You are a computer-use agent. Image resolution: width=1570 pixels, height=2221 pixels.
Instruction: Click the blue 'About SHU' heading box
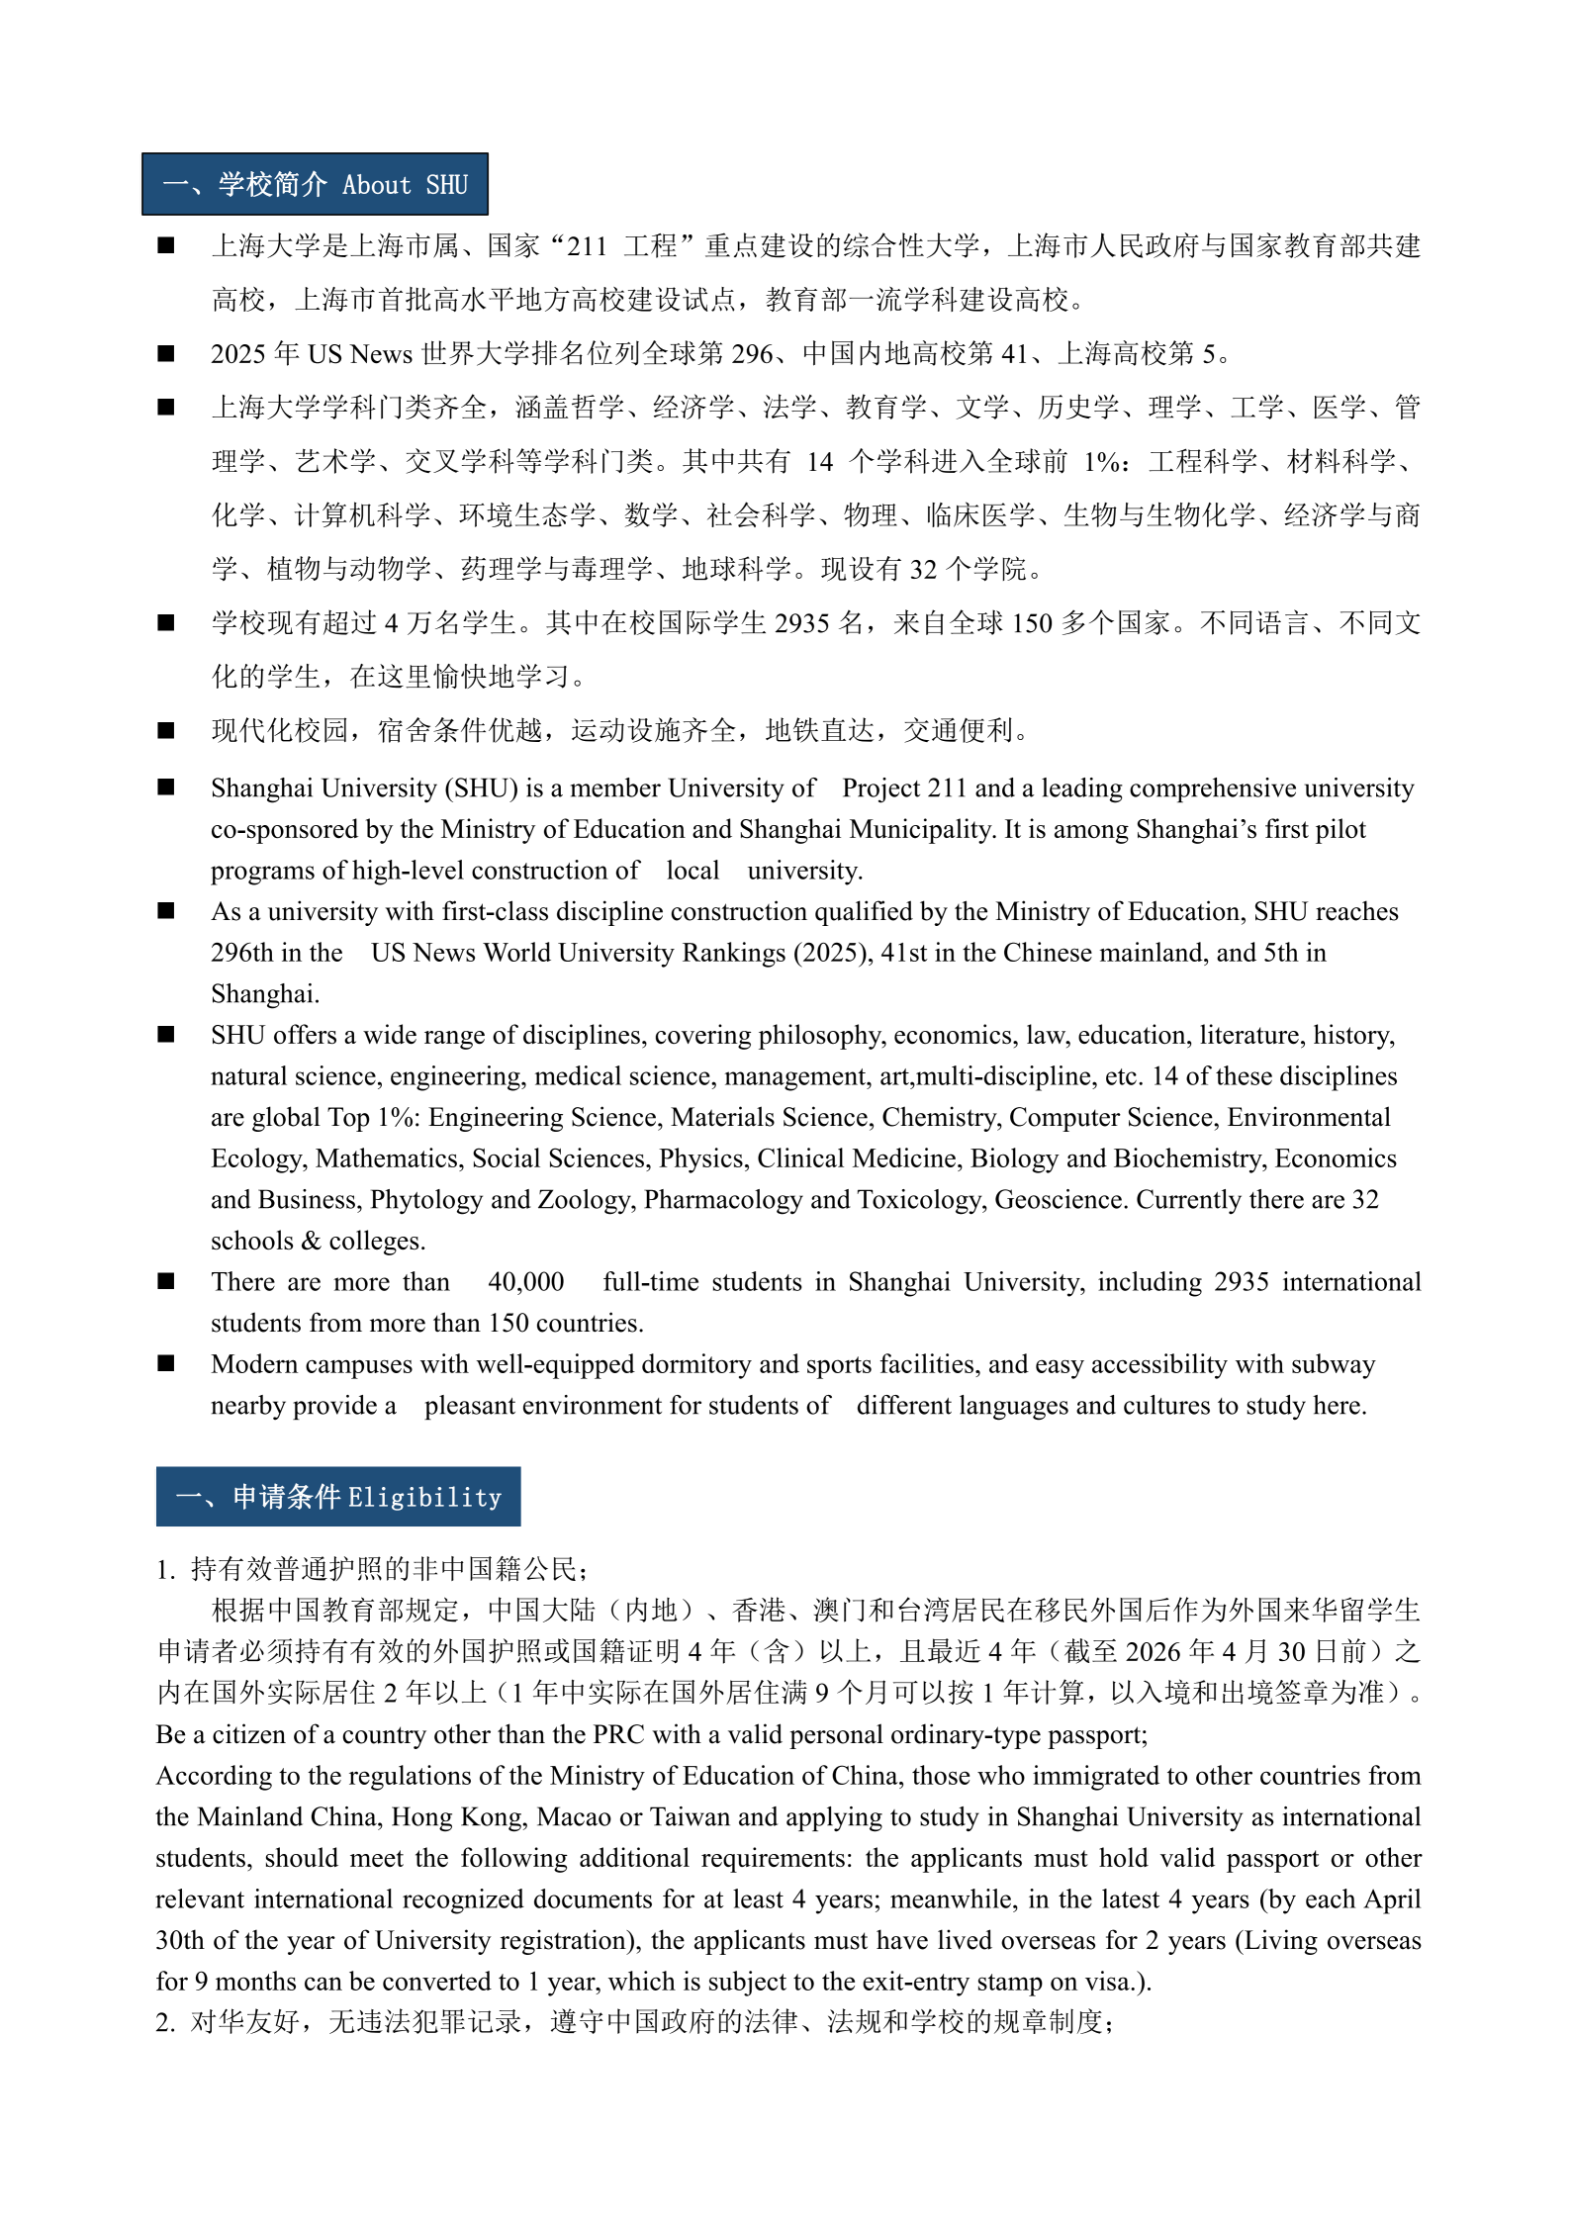click(x=315, y=185)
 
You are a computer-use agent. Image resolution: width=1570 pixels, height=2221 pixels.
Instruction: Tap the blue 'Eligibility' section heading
click(x=338, y=1497)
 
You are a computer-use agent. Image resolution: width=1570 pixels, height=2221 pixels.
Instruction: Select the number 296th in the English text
click(x=241, y=953)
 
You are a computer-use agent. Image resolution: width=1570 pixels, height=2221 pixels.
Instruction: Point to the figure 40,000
click(x=525, y=1282)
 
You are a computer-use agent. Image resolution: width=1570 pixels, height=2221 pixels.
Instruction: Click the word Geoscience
click(x=1061, y=1200)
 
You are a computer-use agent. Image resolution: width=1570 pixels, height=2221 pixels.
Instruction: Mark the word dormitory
click(x=695, y=1364)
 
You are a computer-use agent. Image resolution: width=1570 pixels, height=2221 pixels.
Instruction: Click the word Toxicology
click(x=921, y=1200)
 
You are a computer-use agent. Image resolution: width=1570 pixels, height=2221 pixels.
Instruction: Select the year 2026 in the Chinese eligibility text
click(x=1154, y=1652)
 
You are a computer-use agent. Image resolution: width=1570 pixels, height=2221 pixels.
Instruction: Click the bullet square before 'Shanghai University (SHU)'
click(x=166, y=787)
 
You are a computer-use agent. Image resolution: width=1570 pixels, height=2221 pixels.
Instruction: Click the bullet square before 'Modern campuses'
click(x=166, y=1363)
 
